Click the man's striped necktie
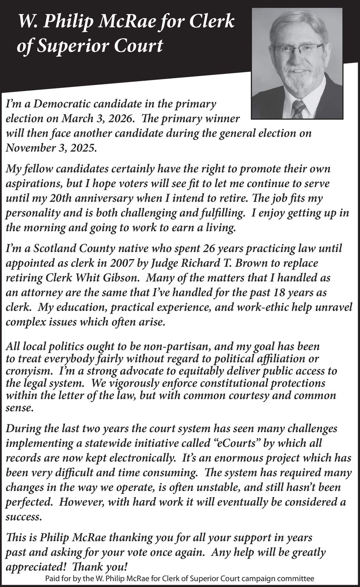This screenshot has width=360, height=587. (x=298, y=108)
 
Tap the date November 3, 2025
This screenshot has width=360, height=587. (x=51, y=148)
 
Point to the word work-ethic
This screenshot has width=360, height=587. (x=252, y=307)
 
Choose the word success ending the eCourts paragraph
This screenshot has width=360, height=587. (x=23, y=517)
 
